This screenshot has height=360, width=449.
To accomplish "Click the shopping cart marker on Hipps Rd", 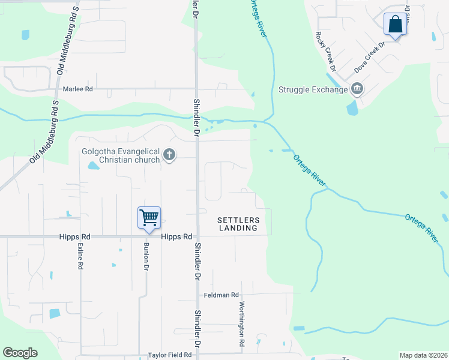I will pos(149,217).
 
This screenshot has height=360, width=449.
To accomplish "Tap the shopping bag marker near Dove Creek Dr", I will pos(395,25).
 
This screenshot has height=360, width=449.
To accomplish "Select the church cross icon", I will pos(169,155).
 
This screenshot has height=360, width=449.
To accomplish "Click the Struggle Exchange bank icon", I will pos(357,90).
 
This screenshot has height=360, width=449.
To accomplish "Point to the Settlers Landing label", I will pos(238,224).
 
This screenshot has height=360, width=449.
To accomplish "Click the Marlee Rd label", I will pos(78,89).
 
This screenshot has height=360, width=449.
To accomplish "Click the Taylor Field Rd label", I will pos(169,355).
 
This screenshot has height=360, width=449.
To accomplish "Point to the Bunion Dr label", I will pos(145,257).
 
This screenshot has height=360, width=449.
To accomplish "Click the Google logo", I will pos(20,353).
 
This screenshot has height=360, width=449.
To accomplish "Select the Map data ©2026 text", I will pos(423,355).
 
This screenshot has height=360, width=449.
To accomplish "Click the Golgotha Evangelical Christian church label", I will pos(121,155).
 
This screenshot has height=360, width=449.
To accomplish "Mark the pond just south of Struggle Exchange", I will pos(352,108).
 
